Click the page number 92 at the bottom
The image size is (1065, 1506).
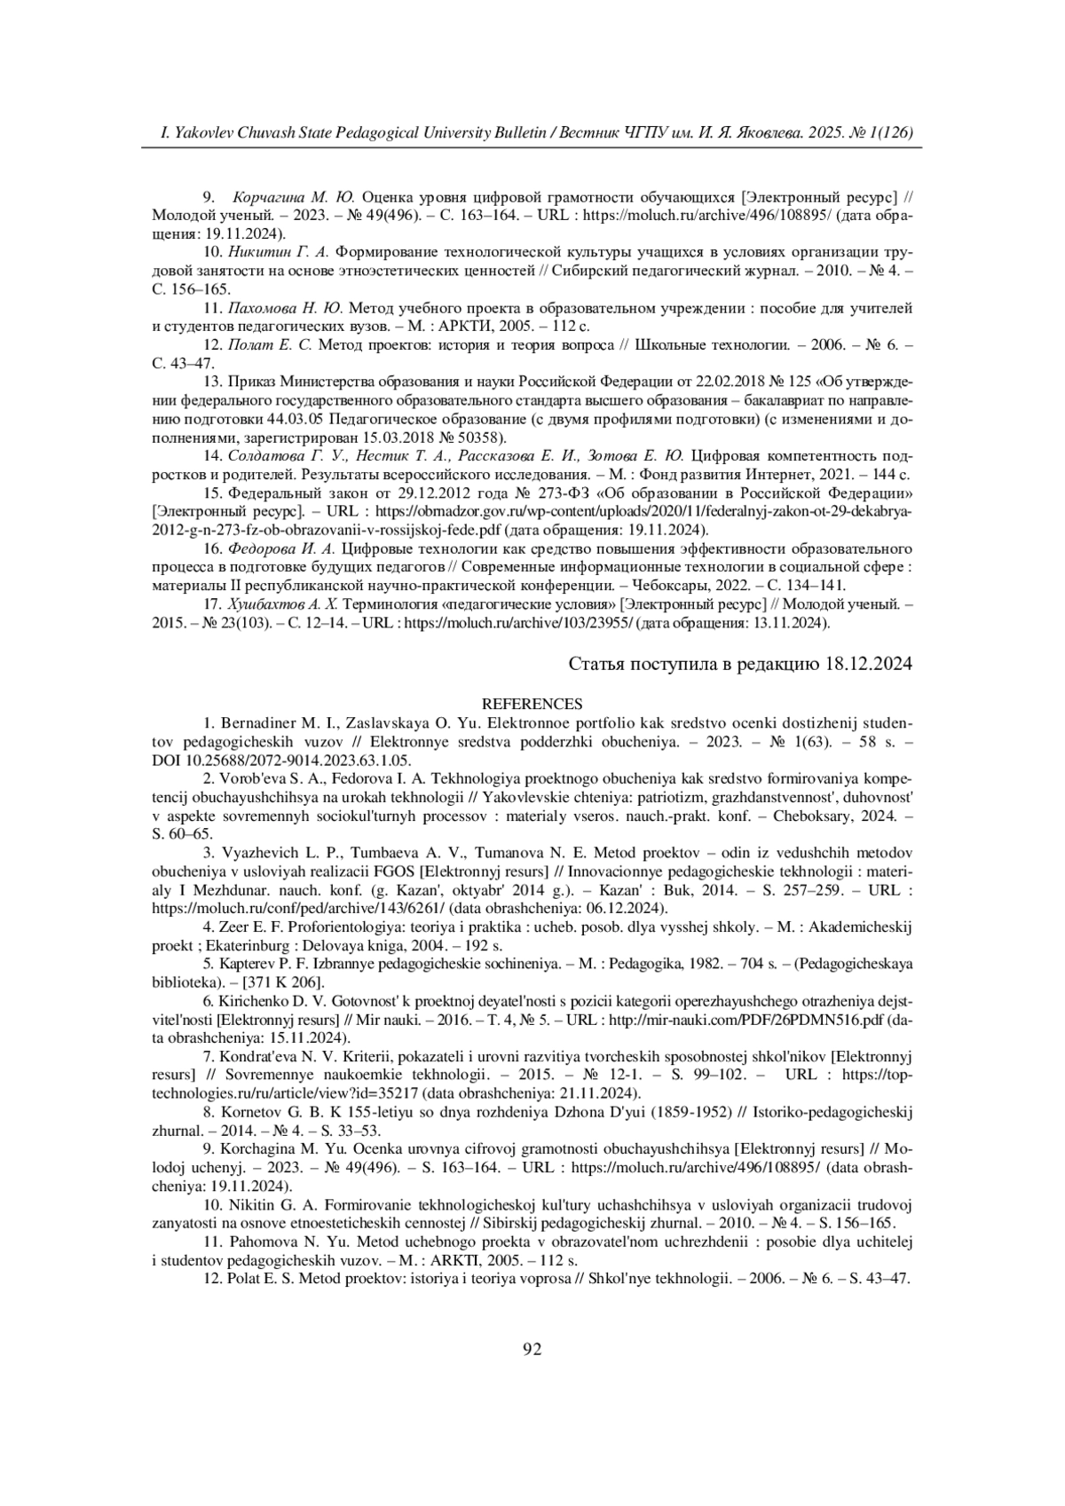532,1350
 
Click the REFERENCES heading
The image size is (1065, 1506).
532,704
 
